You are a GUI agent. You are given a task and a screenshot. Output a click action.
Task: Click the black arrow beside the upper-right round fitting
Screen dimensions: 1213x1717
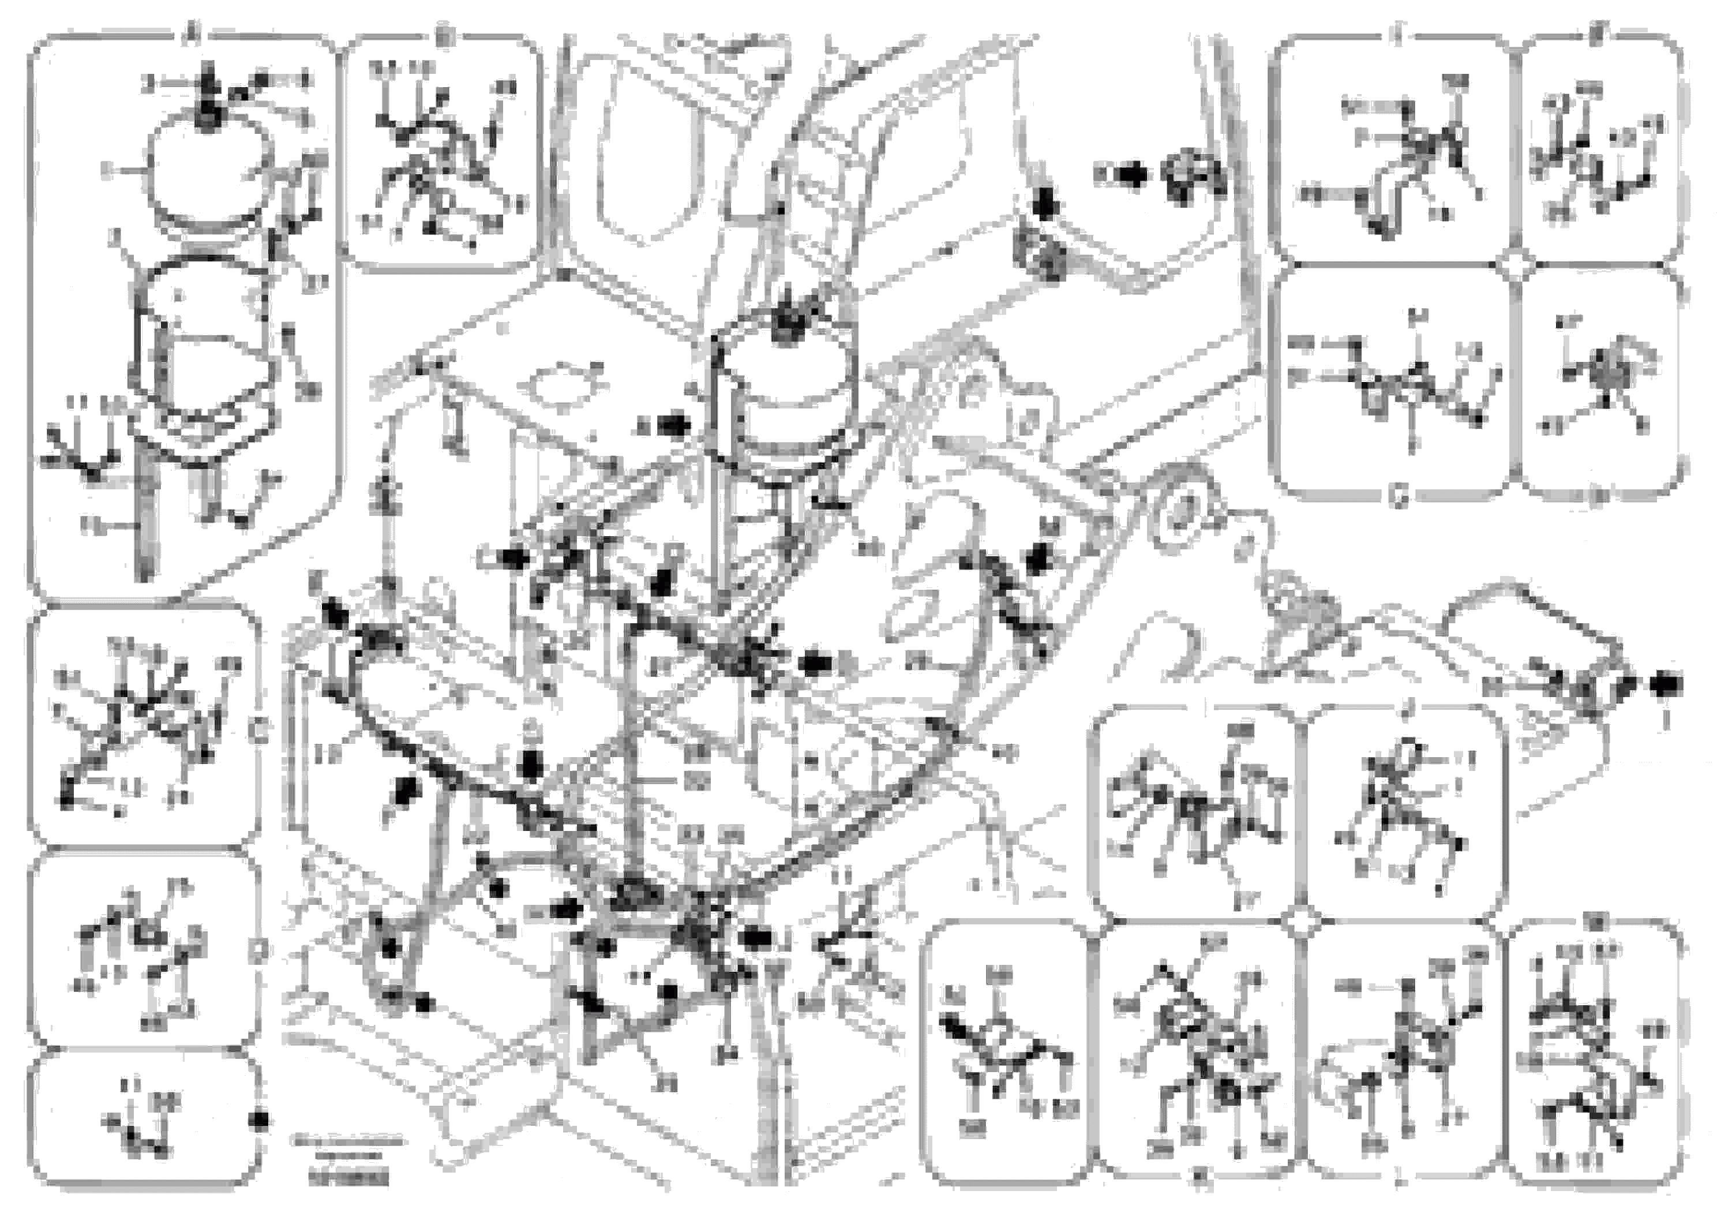click(1134, 175)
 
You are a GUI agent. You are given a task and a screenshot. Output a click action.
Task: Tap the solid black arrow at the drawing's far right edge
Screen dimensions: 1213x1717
click(1667, 683)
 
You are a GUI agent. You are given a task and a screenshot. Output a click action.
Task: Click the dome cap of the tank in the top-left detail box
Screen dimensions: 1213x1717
click(208, 169)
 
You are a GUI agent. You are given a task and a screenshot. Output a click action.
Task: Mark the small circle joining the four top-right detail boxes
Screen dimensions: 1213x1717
click(1515, 264)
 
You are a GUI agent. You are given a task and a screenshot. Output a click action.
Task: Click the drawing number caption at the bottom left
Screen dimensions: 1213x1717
click(348, 1180)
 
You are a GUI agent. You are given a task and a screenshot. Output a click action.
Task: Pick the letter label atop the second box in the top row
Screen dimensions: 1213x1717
click(443, 35)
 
